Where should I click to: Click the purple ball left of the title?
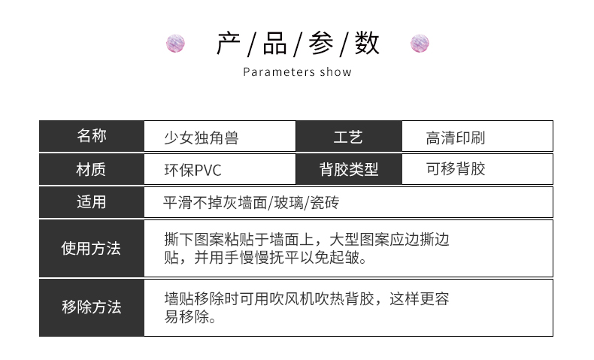coord(175,43)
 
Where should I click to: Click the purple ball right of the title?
coord(420,43)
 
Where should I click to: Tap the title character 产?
coord(229,44)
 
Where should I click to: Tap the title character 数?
coord(367,44)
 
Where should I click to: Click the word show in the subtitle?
coord(335,72)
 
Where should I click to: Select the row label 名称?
coord(91,136)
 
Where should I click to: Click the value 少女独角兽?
coord(202,138)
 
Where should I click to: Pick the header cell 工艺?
coord(348,138)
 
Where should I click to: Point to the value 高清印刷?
coord(456,138)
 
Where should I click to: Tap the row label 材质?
coord(91,169)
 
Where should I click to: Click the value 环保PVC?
coord(192,171)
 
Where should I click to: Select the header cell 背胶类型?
coord(349,169)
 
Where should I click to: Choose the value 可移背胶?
coord(456,169)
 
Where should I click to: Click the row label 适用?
coord(91,201)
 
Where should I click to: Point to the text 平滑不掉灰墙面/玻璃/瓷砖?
coord(251,203)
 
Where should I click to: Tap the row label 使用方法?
coord(91,249)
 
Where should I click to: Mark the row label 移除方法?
coord(92,307)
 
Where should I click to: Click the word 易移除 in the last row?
coord(186,317)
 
